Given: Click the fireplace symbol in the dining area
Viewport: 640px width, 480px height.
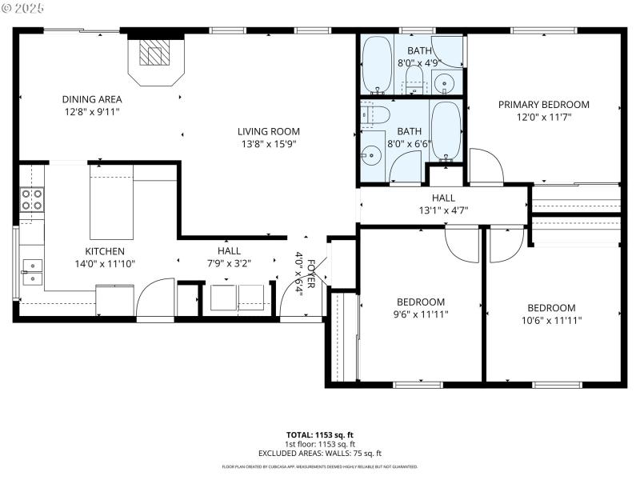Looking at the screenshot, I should pos(155,54).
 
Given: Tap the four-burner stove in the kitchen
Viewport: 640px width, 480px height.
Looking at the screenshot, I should pos(31,199).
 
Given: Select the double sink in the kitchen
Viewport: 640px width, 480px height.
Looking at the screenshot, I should pos(31,272).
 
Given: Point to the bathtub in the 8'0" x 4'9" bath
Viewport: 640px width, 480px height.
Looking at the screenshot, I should pos(375,66).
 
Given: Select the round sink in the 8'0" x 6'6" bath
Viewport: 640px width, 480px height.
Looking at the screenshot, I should pos(371,155).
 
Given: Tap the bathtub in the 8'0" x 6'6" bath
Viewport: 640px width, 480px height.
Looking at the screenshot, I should pos(446,129).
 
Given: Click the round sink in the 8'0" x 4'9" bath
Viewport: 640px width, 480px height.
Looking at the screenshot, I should pos(444,80).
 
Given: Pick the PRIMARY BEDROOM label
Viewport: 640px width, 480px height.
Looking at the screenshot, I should pos(543,105).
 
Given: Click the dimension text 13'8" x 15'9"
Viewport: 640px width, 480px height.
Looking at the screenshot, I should pos(268,145).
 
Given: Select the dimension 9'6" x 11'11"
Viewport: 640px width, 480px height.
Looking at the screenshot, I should pos(421,314).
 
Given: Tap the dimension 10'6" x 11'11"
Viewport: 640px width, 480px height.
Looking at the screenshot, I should pos(551,321).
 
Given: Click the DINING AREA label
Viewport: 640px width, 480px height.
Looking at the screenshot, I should pos(92,100).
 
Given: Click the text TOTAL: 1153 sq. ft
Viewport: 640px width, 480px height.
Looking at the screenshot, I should pos(320,434).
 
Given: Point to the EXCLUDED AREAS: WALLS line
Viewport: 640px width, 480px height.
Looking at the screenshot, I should pos(320,453).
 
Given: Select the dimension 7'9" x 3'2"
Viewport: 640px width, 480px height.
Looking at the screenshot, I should pos(229,263).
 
